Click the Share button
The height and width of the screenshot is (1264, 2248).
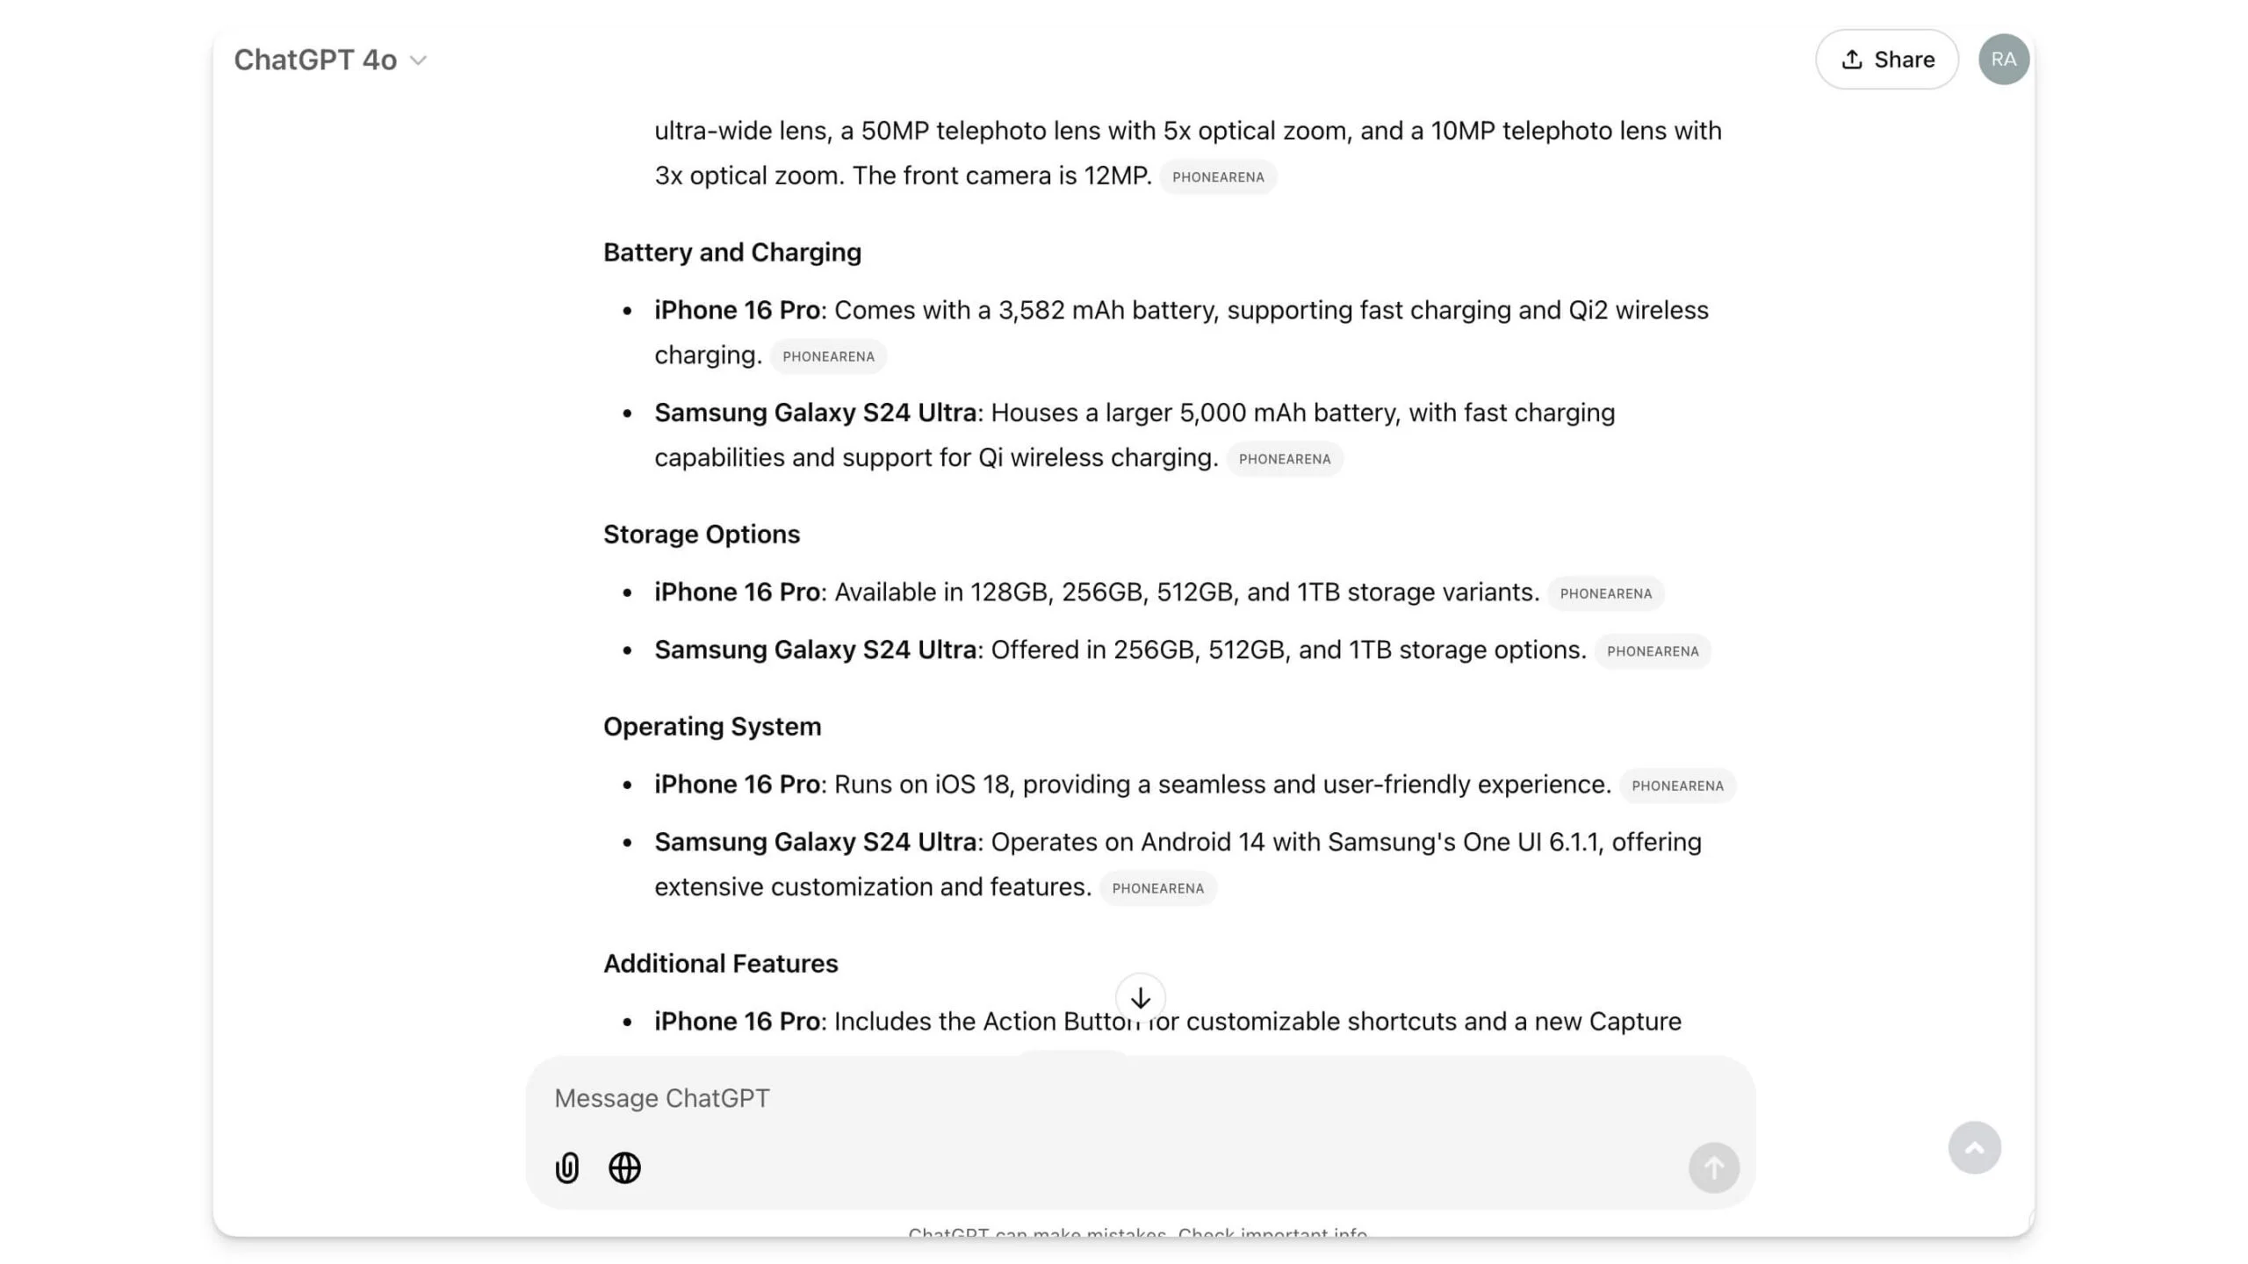click(1886, 60)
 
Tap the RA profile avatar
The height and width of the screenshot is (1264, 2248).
click(2003, 60)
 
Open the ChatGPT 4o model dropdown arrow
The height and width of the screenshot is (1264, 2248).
click(419, 61)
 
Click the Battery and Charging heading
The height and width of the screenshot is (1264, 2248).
click(731, 253)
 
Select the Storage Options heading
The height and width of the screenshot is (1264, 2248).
click(701, 535)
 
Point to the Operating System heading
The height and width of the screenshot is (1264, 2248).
click(711, 727)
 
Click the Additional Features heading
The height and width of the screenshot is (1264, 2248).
click(720, 964)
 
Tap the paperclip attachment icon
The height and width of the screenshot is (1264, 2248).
click(567, 1168)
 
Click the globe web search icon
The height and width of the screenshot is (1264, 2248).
click(624, 1168)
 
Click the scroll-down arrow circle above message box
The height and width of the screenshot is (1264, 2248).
click(1140, 998)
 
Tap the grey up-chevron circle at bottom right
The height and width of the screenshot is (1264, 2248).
click(1974, 1148)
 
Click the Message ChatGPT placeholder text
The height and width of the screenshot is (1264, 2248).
click(662, 1099)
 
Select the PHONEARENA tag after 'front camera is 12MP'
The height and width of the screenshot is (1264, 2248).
click(1218, 177)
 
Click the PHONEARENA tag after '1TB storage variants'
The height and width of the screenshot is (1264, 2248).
click(1605, 594)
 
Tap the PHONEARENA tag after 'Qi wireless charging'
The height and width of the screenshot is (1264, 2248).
click(1284, 459)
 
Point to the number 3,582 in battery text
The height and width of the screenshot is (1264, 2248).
click(1031, 311)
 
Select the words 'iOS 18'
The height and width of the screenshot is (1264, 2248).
click(972, 785)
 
